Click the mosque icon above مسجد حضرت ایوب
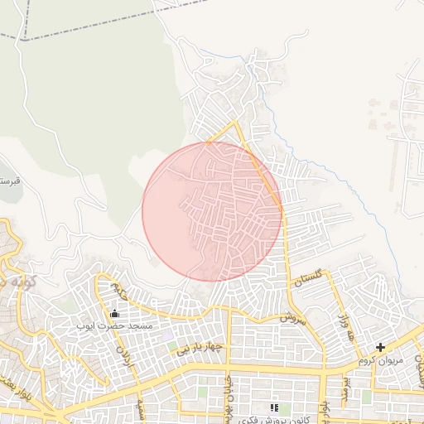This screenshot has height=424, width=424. [x=114, y=313]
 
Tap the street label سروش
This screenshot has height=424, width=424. [x=292, y=316]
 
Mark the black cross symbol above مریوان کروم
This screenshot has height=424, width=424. [x=380, y=348]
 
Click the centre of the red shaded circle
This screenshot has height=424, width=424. [x=212, y=211]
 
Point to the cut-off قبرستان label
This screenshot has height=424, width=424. [x=8, y=180]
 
